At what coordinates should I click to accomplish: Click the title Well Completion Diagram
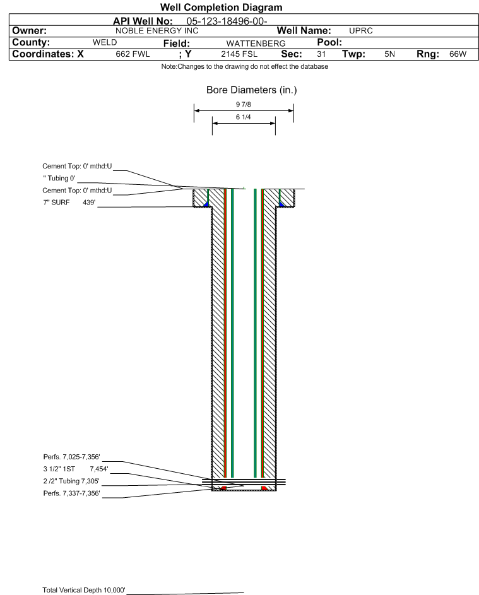(222, 7)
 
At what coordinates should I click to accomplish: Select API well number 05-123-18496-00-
(227, 21)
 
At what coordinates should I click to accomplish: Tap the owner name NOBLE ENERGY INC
(157, 31)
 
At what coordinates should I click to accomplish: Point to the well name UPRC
(360, 31)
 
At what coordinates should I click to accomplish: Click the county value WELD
(105, 42)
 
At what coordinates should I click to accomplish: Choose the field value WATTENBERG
(256, 44)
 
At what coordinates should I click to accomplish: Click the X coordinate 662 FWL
(133, 54)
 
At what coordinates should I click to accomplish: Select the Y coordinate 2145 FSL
(239, 54)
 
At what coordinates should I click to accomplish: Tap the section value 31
(321, 54)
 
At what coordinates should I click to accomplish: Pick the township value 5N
(389, 54)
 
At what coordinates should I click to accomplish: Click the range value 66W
(458, 54)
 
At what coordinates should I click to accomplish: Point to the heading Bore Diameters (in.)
(252, 90)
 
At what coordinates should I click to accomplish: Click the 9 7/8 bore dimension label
(244, 104)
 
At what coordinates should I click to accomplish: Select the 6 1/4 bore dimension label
(244, 117)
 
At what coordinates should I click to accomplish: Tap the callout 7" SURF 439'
(69, 203)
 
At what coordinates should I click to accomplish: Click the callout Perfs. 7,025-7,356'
(71, 457)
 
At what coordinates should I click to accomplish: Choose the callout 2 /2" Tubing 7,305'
(71, 481)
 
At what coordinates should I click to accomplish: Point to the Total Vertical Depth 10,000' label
(84, 590)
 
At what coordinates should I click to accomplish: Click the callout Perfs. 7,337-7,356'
(71, 493)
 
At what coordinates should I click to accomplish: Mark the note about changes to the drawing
(245, 67)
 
